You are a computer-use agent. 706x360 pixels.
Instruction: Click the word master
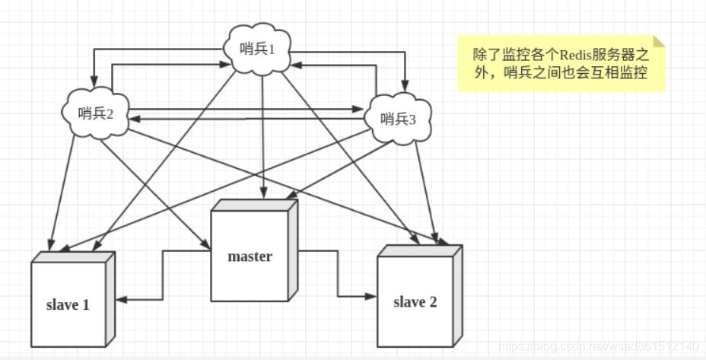pyautogui.click(x=250, y=256)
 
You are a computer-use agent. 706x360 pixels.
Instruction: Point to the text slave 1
pyautogui.click(x=67, y=305)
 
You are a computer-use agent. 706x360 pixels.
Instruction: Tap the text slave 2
pyautogui.click(x=415, y=302)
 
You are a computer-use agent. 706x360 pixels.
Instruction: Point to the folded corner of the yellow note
pyautogui.click(x=659, y=41)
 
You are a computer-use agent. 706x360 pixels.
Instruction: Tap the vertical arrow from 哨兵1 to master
pyautogui.click(x=263, y=137)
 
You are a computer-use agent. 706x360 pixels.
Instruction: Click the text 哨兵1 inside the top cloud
pyautogui.click(x=259, y=48)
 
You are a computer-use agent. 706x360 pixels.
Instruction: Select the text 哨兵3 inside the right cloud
pyautogui.click(x=398, y=118)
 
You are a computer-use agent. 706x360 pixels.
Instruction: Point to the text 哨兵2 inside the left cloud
pyautogui.click(x=96, y=113)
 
